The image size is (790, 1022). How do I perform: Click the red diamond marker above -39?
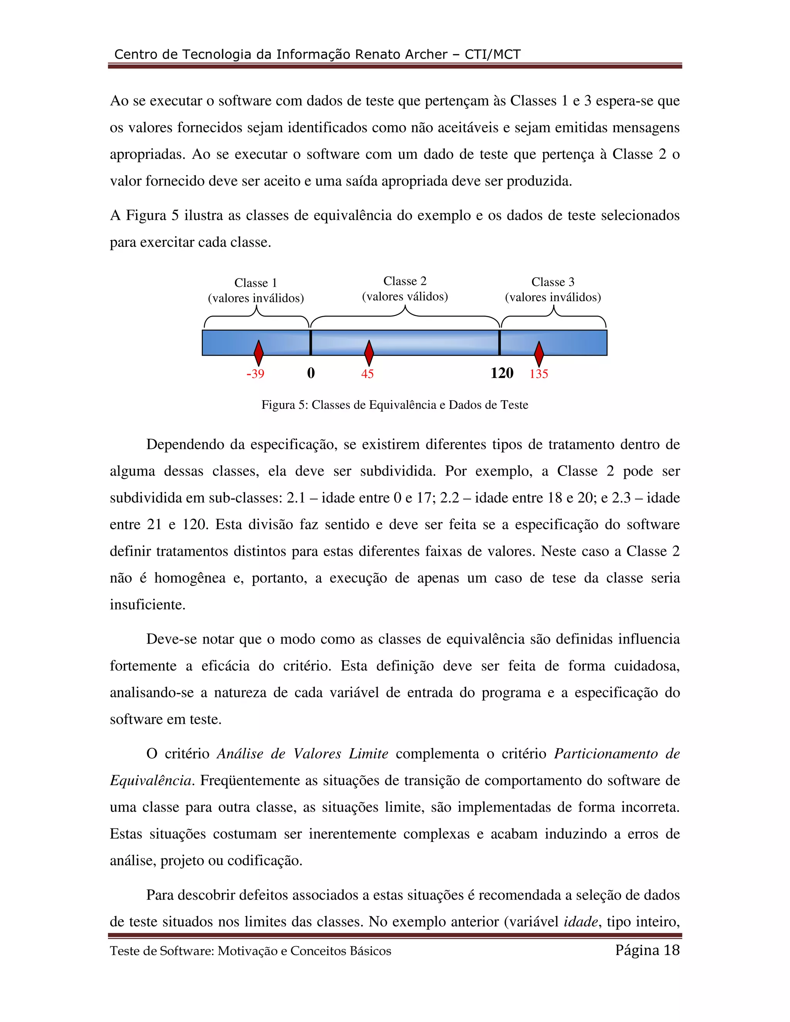coord(258,353)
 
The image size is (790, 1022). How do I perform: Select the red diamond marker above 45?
coord(369,353)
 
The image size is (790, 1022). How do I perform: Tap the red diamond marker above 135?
coord(538,354)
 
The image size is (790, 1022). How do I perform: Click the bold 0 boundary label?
coord(311,373)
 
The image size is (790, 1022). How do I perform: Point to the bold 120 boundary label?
coord(502,373)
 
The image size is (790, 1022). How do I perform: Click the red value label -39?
coord(255,374)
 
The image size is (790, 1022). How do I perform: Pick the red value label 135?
coord(538,374)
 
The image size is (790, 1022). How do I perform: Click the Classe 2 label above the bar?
coord(405,281)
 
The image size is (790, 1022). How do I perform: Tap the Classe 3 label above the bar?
coord(553,282)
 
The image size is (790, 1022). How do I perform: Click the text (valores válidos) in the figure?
coord(405,297)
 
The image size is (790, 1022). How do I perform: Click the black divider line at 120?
coord(500,342)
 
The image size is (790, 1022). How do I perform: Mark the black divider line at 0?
coord(311,342)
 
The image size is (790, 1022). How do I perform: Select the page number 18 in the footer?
coord(671,950)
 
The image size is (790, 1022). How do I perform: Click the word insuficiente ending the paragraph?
coord(147,605)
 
